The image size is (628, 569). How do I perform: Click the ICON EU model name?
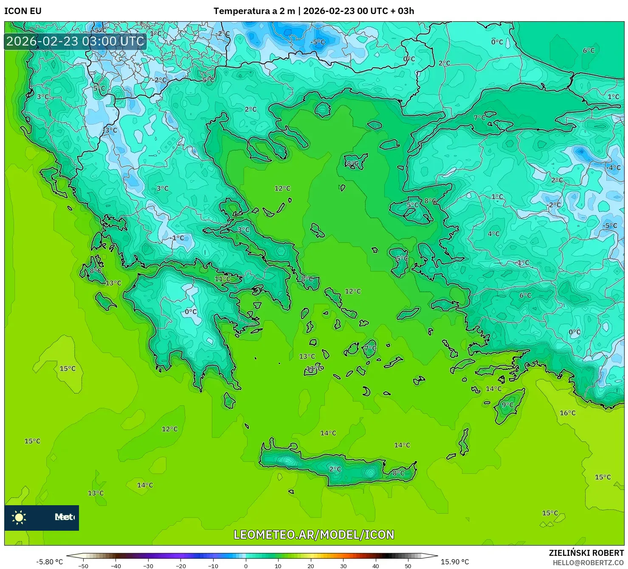[x=23, y=11]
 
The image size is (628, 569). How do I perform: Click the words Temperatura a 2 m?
[x=254, y=11]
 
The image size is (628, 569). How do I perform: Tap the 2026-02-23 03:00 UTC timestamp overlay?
[x=75, y=41]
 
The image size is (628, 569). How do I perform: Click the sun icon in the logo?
[x=19, y=517]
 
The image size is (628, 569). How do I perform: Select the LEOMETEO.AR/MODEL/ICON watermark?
[x=314, y=535]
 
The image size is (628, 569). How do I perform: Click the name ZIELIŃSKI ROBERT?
[x=586, y=553]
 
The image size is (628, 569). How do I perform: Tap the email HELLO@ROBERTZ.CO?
[x=588, y=562]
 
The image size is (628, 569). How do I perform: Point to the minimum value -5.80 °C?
[x=49, y=562]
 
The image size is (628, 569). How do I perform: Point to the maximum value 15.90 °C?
[x=455, y=562]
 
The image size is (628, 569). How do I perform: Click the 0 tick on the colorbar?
[x=246, y=566]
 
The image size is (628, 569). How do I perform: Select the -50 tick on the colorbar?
[x=83, y=566]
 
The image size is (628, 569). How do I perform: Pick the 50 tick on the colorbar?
[x=408, y=566]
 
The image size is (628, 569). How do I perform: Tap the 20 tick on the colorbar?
[x=311, y=566]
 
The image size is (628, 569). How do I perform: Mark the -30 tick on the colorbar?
[x=148, y=566]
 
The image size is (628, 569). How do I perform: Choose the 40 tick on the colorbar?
[x=376, y=566]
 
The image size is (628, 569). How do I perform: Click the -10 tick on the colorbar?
[x=213, y=566]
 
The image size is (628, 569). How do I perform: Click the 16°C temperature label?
[x=568, y=413]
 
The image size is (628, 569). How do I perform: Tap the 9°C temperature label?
[x=507, y=405]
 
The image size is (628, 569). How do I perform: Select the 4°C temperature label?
[x=493, y=234]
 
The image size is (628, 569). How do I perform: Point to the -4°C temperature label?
[x=613, y=168]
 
